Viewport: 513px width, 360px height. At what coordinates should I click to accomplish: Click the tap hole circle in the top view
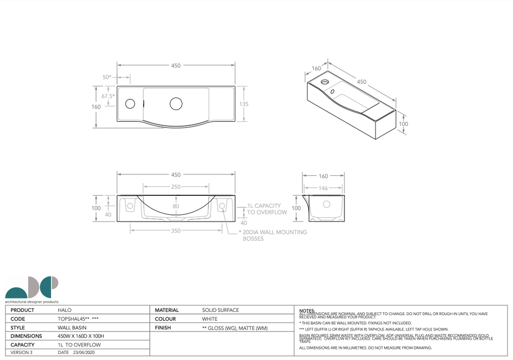tap(130, 104)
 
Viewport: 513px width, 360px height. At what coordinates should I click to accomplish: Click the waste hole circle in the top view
tap(176, 104)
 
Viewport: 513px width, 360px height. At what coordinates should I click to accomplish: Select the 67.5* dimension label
tap(108, 96)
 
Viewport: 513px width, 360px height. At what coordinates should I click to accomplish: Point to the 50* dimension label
tap(107, 77)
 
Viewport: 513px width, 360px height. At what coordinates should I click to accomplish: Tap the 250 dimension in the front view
tap(176, 187)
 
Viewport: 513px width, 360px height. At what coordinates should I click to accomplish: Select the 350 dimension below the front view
tap(176, 231)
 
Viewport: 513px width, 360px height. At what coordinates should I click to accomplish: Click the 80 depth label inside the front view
tap(176, 206)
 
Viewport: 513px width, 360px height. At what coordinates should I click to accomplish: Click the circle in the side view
tap(327, 204)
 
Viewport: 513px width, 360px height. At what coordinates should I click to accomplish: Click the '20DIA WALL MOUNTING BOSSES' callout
tap(275, 235)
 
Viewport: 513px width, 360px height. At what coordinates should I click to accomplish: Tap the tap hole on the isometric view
tap(325, 81)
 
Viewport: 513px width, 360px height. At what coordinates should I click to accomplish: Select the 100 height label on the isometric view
tap(403, 124)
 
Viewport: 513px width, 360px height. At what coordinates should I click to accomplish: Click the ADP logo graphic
tap(32, 287)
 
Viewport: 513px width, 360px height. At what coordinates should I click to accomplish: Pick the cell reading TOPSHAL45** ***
tap(78, 318)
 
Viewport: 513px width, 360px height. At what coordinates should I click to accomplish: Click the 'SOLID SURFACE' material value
tap(220, 310)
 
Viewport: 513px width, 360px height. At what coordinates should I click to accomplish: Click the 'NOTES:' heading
tap(307, 310)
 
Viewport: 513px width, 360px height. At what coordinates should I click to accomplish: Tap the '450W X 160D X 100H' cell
tap(81, 336)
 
